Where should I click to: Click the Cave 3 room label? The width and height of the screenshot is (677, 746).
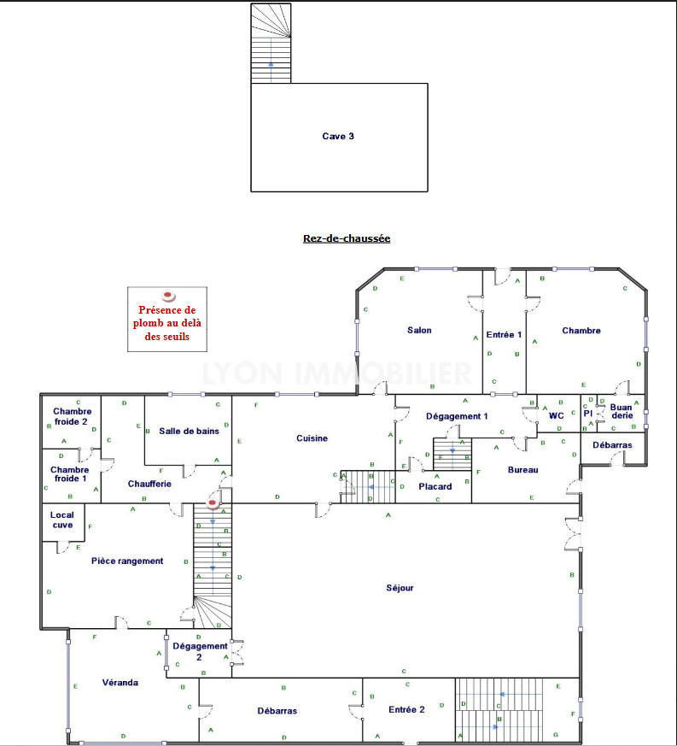pos(338,137)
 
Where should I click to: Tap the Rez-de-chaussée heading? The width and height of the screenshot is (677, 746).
pos(347,238)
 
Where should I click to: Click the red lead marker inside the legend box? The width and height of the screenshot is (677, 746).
pos(168,296)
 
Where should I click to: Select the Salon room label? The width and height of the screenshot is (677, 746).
pos(419,330)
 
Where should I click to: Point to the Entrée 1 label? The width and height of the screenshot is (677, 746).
pos(504,335)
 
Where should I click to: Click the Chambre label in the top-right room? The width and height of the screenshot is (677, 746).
pos(581,331)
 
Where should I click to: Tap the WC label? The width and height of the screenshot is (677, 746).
pos(557,416)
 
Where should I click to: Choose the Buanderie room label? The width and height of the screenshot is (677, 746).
pos(622,412)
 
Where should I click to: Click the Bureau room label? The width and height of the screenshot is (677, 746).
pos(523,470)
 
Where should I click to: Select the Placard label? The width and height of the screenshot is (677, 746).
pos(435,487)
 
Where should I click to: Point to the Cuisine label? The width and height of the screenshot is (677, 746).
pos(312,438)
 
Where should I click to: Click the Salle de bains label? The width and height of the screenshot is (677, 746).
pos(189,431)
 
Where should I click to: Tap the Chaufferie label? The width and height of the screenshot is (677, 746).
pos(149,484)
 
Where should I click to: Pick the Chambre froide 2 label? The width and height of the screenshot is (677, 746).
pos(72,416)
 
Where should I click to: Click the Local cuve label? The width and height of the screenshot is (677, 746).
pos(62,520)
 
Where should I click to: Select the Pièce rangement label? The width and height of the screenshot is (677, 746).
pos(127,561)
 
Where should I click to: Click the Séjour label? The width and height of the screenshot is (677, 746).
pos(400,588)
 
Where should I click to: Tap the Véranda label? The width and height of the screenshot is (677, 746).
pos(120,683)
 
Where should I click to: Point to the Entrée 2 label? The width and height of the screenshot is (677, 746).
pos(406,710)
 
